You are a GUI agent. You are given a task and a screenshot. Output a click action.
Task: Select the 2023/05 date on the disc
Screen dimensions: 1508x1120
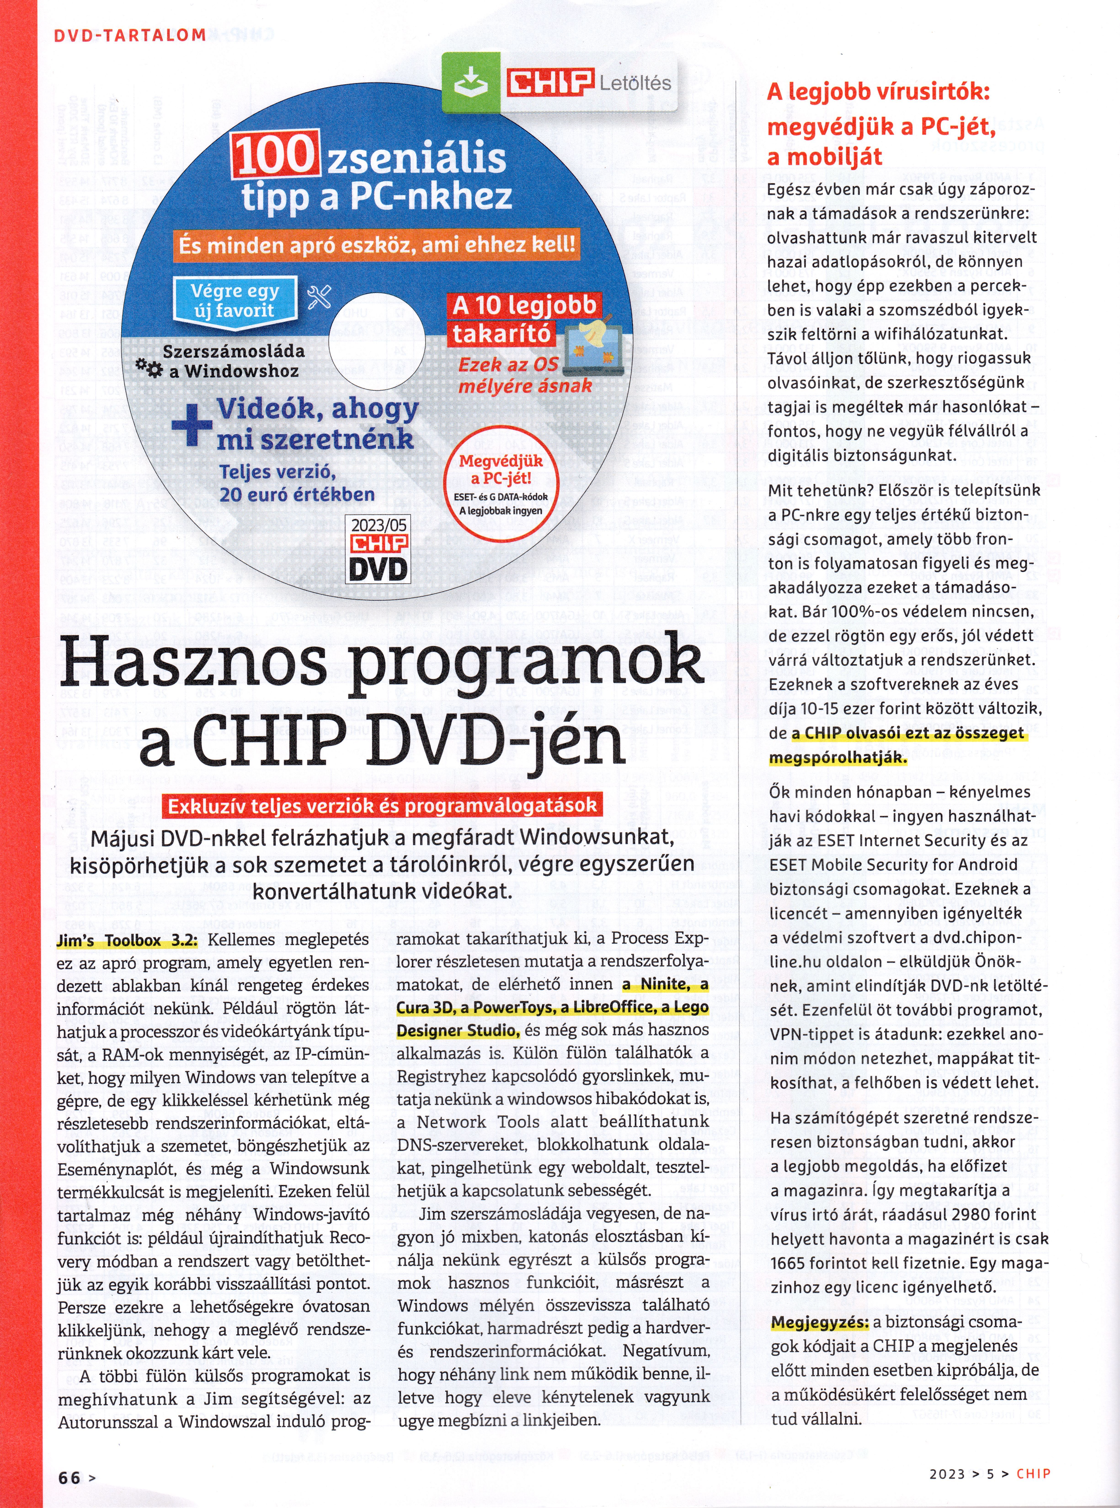pos(379,525)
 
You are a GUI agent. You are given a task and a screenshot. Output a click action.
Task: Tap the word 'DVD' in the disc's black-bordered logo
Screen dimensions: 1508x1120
pos(379,568)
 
